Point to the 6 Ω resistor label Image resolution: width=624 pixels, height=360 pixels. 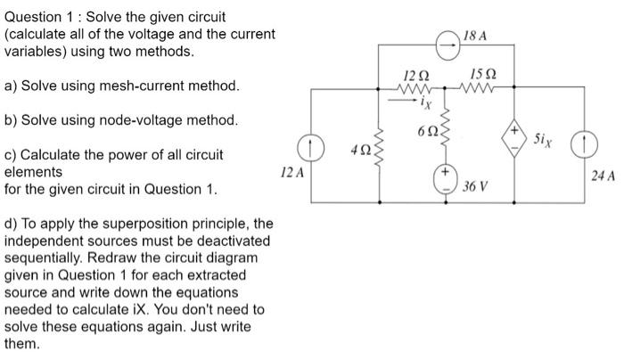click(425, 132)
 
